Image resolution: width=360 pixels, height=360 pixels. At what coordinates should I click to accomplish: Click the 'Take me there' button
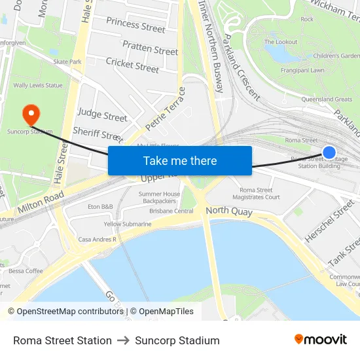pos(180,160)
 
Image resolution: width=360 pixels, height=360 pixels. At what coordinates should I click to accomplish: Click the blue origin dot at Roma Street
pos(329,153)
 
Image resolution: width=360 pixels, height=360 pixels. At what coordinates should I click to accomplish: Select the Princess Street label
pos(135,25)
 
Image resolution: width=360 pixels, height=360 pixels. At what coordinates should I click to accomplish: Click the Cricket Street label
pos(132,65)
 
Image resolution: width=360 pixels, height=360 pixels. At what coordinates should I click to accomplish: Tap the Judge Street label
pos(102,116)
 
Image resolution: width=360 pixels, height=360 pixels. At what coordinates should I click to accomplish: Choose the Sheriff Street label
pos(98,134)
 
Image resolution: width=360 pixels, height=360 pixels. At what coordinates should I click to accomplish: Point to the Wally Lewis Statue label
pos(38,85)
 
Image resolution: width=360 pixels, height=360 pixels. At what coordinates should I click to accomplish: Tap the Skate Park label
pos(67,62)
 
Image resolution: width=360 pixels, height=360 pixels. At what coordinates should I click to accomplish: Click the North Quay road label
pos(229,211)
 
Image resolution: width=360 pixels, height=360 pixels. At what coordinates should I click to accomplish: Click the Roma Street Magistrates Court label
pos(255,194)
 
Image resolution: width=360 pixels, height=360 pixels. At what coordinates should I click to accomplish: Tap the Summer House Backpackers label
pos(159,198)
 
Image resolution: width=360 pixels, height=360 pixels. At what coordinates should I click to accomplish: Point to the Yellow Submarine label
pos(127,224)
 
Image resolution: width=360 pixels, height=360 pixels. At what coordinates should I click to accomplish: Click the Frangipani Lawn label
pos(303,70)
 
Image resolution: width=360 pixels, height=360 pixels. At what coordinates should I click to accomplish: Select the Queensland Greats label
pos(327,99)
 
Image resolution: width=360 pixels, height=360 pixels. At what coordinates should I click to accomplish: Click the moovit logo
pos(321,340)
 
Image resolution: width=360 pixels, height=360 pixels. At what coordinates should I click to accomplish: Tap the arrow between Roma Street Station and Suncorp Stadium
pos(123,340)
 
